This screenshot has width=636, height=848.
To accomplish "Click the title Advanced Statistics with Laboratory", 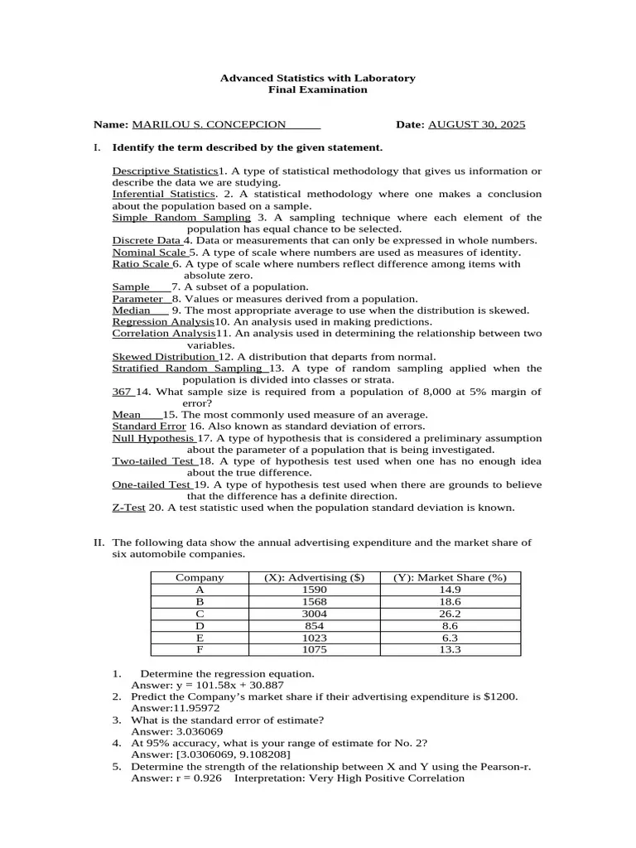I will [317, 78].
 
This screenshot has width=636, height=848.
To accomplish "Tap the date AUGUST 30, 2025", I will [476, 125].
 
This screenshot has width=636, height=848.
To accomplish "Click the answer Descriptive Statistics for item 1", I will [164, 171].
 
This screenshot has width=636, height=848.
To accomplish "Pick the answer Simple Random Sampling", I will [181, 218].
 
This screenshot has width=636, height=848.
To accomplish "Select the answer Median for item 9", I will [132, 311].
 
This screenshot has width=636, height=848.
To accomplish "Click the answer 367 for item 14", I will [122, 392].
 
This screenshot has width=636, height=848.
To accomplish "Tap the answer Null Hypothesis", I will [153, 438].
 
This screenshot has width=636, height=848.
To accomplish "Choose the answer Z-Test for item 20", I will [128, 508].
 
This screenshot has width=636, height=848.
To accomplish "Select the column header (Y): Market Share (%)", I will [450, 578].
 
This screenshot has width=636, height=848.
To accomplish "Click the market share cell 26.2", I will [450, 614].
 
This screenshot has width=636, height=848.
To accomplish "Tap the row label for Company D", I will [200, 626].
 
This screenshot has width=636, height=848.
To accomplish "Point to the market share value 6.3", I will [450, 638].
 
